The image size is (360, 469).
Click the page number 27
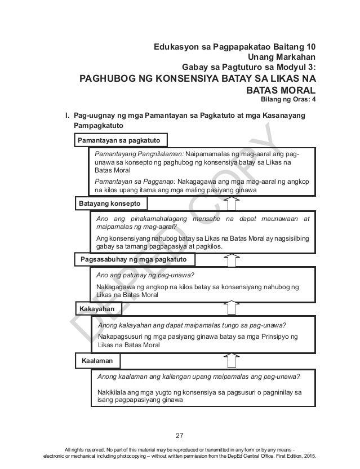click(x=180, y=435)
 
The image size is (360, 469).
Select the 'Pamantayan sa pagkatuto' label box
click(x=118, y=139)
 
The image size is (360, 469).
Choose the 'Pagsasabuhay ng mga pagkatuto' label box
click(x=134, y=259)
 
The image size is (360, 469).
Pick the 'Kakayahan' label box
click(x=97, y=309)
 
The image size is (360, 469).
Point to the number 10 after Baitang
click(x=310, y=46)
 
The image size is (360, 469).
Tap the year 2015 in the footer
click(x=309, y=461)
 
